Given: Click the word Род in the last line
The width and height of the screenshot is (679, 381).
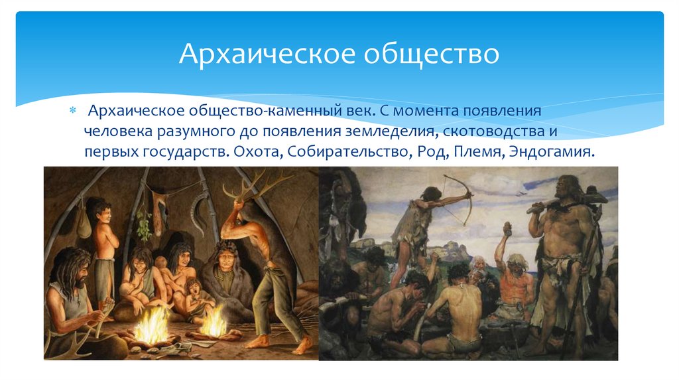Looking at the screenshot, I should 431,152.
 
